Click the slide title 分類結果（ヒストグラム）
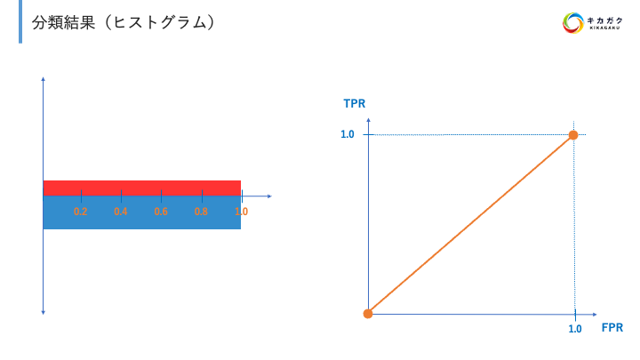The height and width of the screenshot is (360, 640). (124, 22)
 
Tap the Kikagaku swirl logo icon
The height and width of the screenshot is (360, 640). (573, 23)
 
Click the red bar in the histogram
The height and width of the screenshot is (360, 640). (142, 188)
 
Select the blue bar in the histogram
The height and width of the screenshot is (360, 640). (142, 212)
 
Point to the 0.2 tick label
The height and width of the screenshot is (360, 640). (81, 212)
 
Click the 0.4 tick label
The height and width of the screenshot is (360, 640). (121, 212)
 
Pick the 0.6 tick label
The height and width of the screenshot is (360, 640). (161, 212)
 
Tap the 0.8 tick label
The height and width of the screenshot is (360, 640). (201, 212)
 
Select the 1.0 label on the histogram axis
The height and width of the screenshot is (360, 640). (242, 212)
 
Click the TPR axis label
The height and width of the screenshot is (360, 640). (355, 104)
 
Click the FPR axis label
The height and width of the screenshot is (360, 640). (612, 328)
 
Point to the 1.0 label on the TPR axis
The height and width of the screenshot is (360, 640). (348, 134)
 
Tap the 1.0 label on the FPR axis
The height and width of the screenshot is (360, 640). (575, 329)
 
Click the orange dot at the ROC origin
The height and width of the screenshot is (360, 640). (368, 314)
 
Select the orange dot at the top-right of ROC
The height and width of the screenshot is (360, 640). (573, 135)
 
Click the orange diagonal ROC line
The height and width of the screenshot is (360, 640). (470, 225)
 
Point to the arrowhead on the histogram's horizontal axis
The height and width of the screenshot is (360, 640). (269, 196)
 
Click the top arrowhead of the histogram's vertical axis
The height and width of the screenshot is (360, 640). (44, 79)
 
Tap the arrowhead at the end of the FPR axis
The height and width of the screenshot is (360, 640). (595, 315)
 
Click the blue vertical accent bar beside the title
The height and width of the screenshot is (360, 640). (20, 21)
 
